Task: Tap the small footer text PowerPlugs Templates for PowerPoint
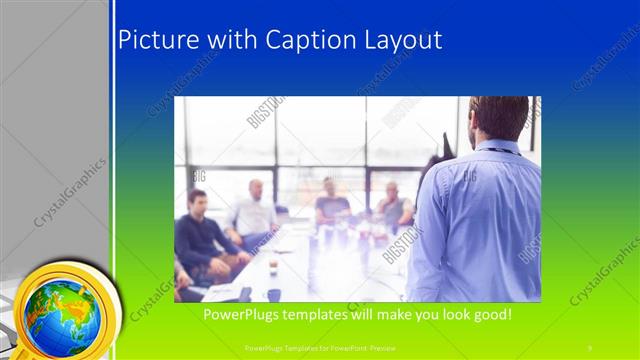(319, 347)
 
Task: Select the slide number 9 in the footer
(589, 347)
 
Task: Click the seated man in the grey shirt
(393, 206)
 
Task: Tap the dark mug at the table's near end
(273, 294)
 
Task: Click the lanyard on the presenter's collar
(496, 149)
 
